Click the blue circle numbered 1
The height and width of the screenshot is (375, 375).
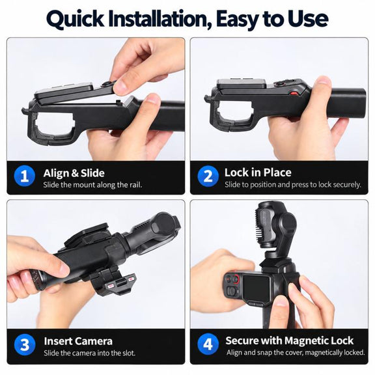coord(25,176)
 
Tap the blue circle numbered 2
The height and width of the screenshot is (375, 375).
coord(208,176)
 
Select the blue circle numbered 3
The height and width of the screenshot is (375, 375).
coord(25,344)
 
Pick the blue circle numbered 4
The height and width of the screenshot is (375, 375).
coord(208,344)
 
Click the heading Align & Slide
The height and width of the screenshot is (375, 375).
coord(74,173)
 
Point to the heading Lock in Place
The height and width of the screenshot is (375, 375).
coord(258,173)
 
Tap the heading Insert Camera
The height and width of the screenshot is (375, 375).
coord(78,341)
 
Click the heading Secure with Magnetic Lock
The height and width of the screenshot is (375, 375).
coord(289,340)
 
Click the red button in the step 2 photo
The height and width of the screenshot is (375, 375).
coord(294,93)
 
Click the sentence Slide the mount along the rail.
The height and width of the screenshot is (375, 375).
coord(92,185)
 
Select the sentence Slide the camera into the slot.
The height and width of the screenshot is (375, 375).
coord(90,353)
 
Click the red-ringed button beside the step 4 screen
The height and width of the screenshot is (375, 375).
coord(236,279)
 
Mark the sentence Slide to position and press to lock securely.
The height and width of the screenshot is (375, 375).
coord(293,185)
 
